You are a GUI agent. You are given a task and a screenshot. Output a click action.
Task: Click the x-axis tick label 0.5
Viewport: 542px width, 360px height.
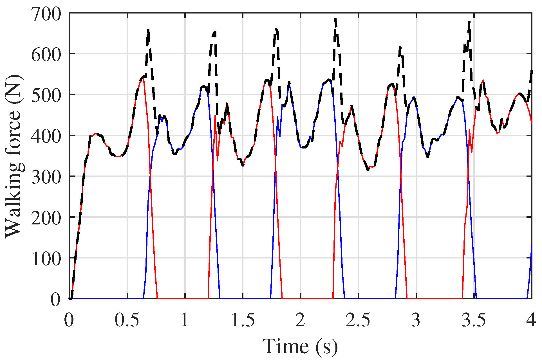coord(127,320)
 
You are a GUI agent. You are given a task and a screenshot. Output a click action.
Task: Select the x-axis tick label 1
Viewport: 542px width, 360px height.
coord(185,320)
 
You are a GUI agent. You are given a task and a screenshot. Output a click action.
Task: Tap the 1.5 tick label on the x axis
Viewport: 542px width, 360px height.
coord(243,320)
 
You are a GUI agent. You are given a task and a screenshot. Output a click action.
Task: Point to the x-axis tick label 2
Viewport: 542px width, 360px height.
coord(300,320)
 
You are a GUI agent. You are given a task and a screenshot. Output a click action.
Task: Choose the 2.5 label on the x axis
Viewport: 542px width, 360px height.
coord(358,320)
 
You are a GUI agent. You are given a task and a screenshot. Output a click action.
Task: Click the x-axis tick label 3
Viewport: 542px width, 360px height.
coord(416,320)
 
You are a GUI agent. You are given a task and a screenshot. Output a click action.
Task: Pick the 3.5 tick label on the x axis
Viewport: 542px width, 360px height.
coord(474,320)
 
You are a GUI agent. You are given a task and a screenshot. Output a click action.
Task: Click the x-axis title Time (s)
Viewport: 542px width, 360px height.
coord(300,346)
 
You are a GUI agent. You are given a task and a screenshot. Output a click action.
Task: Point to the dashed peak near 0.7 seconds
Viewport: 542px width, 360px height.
coord(148,30)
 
